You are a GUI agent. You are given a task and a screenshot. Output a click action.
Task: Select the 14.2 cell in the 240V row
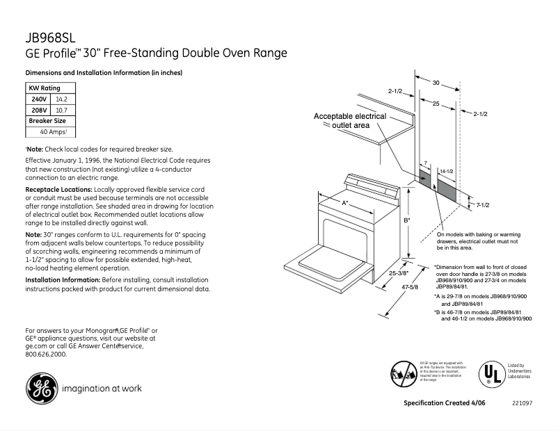61,99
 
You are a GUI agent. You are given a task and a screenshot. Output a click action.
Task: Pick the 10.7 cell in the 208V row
61,110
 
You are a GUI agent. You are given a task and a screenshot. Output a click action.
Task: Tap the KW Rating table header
44,88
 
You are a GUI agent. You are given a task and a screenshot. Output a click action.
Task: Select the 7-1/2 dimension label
483,204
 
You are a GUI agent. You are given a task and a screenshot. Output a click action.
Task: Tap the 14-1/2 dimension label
447,170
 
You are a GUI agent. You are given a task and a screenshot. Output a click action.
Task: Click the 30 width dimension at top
436,83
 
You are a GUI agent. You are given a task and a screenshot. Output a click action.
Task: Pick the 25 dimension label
435,104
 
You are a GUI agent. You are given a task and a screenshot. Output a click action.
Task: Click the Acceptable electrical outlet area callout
350,121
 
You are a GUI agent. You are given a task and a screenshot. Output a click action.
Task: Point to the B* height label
407,220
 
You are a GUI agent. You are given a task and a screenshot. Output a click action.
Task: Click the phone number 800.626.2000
46,354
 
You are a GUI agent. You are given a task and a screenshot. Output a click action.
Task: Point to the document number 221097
523,404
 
